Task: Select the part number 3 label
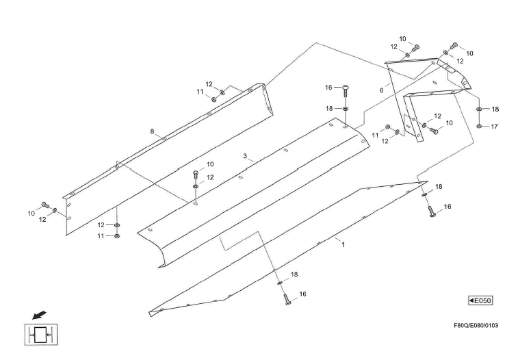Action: (x=244, y=156)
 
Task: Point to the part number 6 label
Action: (x=381, y=90)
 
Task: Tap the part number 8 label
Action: (x=152, y=130)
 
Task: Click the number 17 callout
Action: (x=495, y=126)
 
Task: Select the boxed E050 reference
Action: (x=480, y=300)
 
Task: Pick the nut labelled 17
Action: (x=479, y=126)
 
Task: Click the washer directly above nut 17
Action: (x=479, y=110)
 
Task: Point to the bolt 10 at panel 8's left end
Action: (x=45, y=205)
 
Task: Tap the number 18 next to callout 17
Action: (x=495, y=110)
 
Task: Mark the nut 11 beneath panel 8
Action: (x=117, y=235)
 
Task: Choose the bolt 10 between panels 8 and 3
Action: (x=196, y=172)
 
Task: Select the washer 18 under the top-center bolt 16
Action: (x=346, y=108)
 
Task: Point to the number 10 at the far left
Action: (x=31, y=214)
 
